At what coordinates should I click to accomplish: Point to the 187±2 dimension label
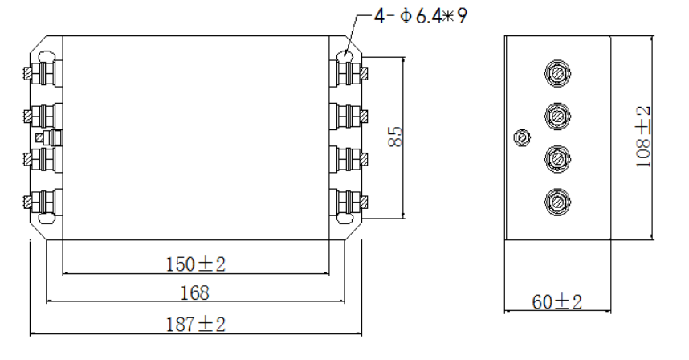[196, 324]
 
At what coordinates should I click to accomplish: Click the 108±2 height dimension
[643, 137]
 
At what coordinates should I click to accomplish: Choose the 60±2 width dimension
[557, 302]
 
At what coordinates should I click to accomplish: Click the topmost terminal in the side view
[557, 74]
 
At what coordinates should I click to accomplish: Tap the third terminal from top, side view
[557, 157]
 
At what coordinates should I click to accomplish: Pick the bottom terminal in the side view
[557, 198]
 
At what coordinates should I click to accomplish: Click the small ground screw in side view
[522, 137]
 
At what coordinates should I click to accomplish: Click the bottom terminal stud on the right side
[351, 200]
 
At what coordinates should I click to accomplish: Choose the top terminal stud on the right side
[351, 74]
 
